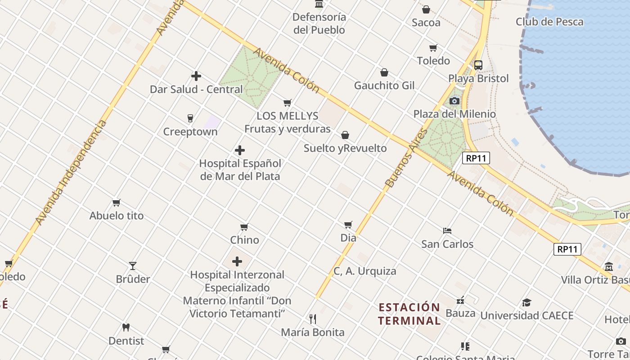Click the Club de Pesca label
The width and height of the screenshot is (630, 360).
549,22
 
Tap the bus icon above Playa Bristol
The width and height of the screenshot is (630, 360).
478,65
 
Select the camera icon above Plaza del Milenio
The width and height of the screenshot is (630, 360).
454,101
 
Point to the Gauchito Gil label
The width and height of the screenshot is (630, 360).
384,85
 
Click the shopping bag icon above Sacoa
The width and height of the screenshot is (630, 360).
426,9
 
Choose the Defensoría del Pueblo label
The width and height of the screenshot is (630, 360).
319,23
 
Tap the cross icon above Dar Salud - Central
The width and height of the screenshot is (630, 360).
196,76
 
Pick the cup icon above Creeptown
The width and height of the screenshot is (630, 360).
190,118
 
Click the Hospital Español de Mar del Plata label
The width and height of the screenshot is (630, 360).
240,170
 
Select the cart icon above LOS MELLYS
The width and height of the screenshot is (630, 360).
287,103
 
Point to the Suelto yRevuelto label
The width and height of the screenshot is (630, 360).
345,148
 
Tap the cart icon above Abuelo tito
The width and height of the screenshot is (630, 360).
116,202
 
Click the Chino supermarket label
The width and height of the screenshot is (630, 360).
244,240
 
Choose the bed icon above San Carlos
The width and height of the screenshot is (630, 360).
447,231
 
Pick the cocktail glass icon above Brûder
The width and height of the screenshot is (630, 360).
133,266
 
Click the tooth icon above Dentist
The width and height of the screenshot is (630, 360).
126,328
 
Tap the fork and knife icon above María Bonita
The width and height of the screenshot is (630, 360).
313,319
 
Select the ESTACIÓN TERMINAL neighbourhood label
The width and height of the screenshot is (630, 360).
409,314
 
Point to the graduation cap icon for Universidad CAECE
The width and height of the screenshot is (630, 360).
526,302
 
